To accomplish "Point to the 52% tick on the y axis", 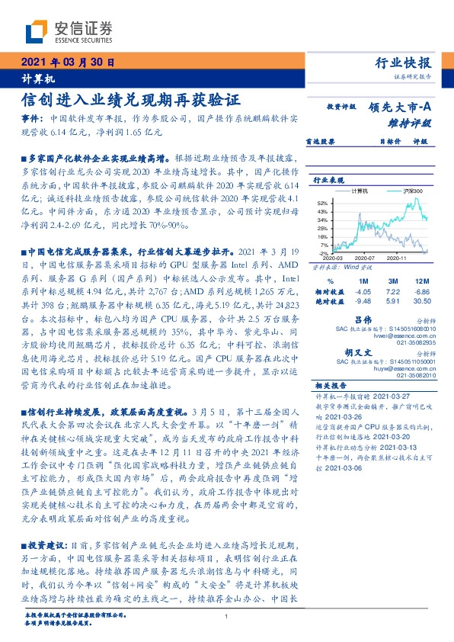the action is pos(323,203).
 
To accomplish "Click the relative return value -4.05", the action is pos(362,291).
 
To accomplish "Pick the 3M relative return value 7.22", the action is pos(392,291).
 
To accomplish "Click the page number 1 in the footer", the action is pos(227,617).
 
